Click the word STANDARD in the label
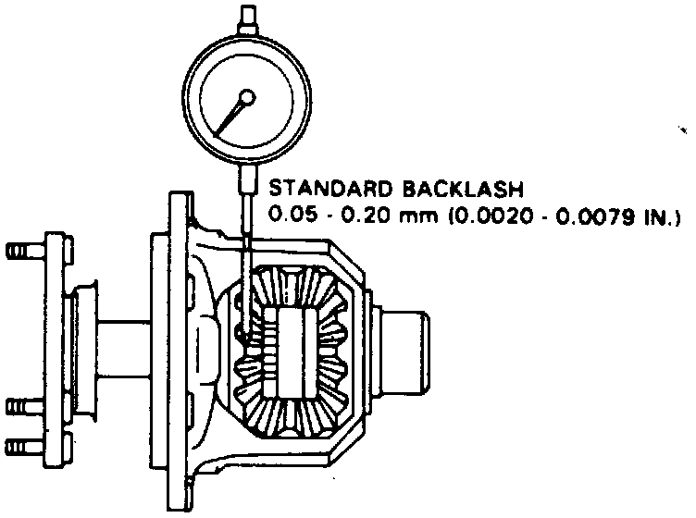(x=330, y=189)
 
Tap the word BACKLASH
(x=464, y=189)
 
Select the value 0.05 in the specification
(x=294, y=216)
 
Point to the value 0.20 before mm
(x=367, y=216)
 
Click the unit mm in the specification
(x=418, y=217)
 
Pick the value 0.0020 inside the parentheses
(x=492, y=216)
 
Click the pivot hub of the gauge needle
(x=247, y=97)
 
